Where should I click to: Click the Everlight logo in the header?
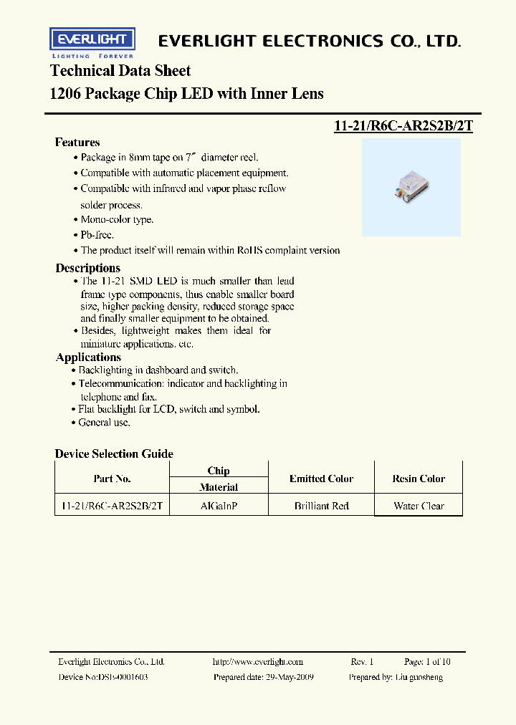point(92,42)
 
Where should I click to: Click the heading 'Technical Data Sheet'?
point(120,71)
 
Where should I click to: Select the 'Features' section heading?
point(77,143)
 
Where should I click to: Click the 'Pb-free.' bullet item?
point(97,235)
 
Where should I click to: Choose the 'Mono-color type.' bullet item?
point(116,220)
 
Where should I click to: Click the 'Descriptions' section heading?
point(88,268)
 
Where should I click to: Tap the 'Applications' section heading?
point(88,357)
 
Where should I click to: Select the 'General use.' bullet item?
point(104,423)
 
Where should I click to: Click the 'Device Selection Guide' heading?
point(114,454)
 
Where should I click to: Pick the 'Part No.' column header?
point(112,479)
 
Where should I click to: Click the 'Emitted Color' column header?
point(321,479)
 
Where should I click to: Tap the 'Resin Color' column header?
point(419,479)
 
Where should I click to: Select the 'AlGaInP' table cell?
point(219,506)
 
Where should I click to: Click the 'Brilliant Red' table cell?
point(321,506)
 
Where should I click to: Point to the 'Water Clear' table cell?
point(419,506)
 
